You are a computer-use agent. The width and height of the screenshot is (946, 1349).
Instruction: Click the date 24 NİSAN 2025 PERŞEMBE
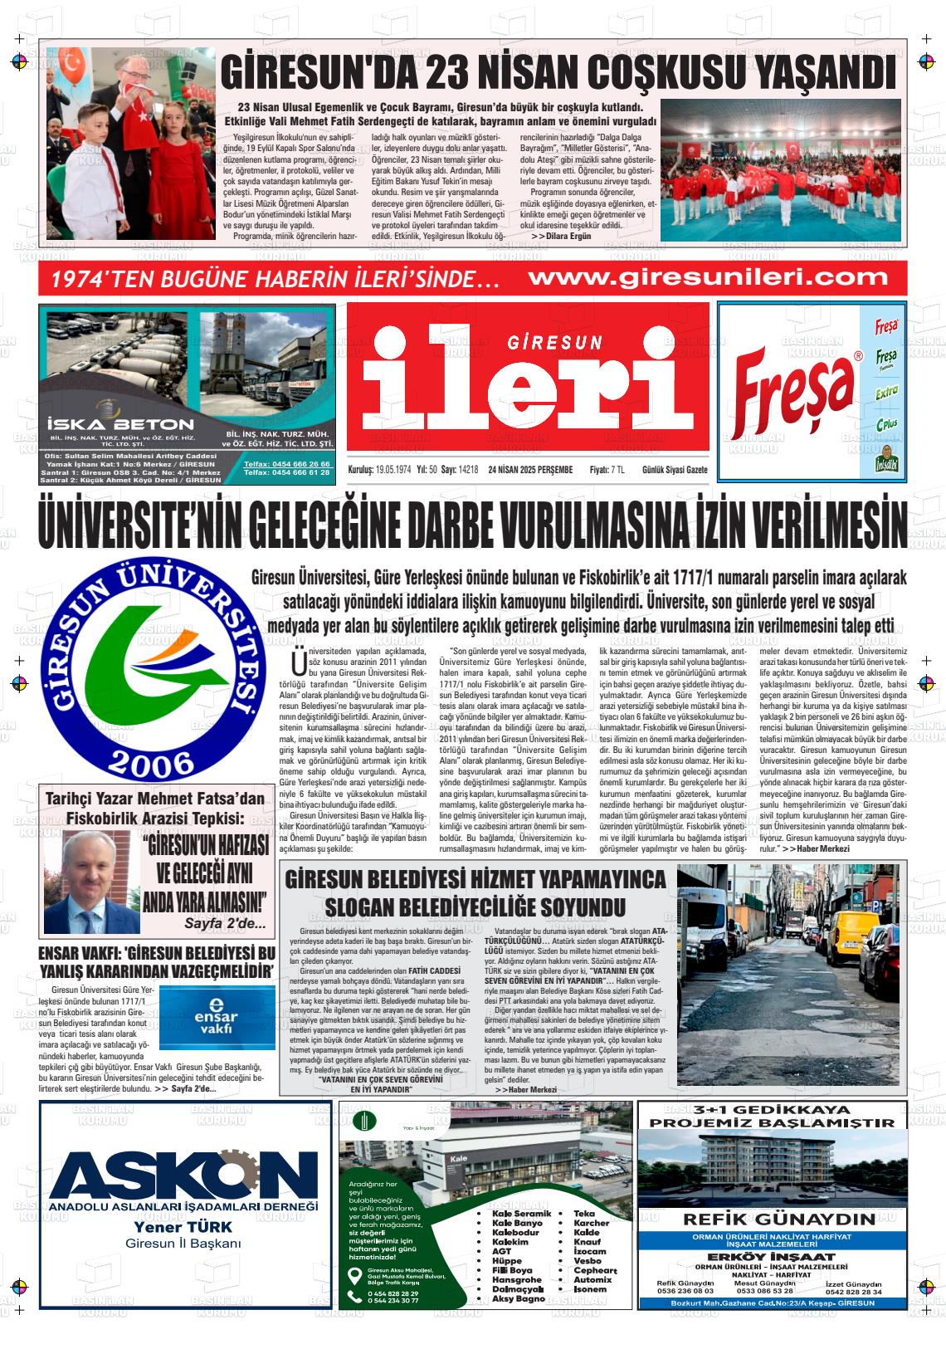pos(530,470)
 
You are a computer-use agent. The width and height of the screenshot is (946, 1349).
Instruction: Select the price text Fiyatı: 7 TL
pos(607,470)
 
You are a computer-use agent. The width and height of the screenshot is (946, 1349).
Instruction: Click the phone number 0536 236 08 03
pos(685,1291)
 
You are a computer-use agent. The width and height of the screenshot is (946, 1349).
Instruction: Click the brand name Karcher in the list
pos(591,1223)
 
